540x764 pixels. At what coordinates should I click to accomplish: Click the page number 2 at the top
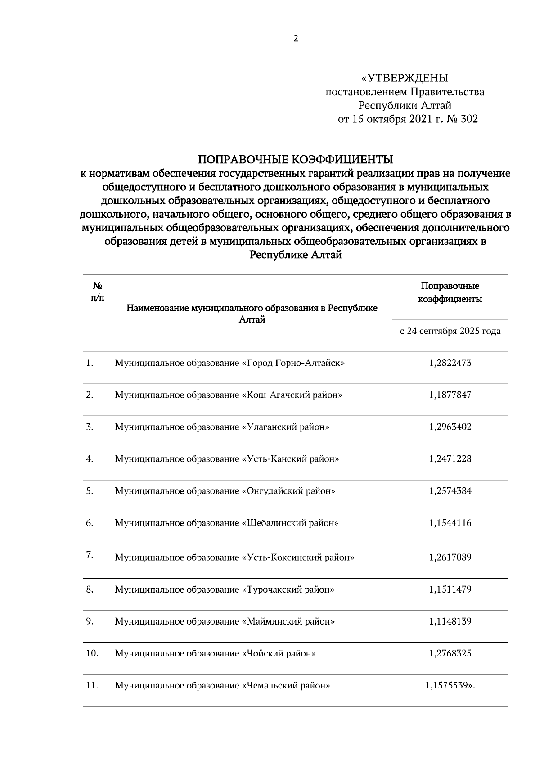(x=296, y=39)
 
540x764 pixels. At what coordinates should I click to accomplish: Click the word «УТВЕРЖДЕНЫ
(x=405, y=78)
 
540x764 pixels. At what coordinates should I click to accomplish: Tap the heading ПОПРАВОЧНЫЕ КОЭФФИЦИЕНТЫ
(x=296, y=160)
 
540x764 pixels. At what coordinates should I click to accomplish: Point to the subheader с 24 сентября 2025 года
(x=450, y=331)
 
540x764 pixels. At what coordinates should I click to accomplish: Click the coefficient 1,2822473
(x=450, y=363)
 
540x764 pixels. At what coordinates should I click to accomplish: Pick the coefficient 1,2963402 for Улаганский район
(x=450, y=427)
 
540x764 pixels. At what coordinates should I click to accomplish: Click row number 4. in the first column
(x=90, y=459)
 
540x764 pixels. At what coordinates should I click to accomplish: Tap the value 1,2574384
(x=450, y=491)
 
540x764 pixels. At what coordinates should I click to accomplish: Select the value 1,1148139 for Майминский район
(x=450, y=621)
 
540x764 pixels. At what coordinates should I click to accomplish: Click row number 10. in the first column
(x=92, y=653)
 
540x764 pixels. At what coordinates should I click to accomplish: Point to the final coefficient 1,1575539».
(x=450, y=686)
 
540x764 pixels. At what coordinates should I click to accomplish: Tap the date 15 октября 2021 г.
(x=396, y=119)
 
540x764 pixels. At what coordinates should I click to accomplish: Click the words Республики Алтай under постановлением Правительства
(x=405, y=106)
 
